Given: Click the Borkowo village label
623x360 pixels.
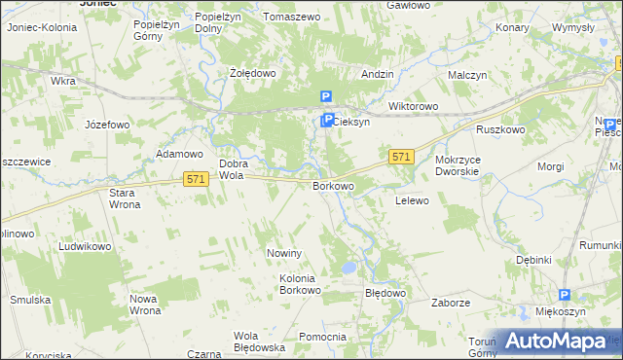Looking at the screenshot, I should click(x=332, y=185).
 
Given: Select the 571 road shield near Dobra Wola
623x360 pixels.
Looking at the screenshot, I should click(x=196, y=179).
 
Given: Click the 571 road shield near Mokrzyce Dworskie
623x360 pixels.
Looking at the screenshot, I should click(x=402, y=157).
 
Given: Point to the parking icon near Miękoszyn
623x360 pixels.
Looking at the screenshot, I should click(x=566, y=296).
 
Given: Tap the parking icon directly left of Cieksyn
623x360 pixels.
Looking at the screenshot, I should click(x=328, y=122).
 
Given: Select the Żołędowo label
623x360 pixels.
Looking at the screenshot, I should click(x=253, y=72).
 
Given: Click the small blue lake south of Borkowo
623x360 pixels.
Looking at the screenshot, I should click(x=346, y=268).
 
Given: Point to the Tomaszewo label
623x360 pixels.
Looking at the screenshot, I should click(x=292, y=18).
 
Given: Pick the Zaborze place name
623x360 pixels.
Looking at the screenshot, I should click(x=452, y=303).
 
